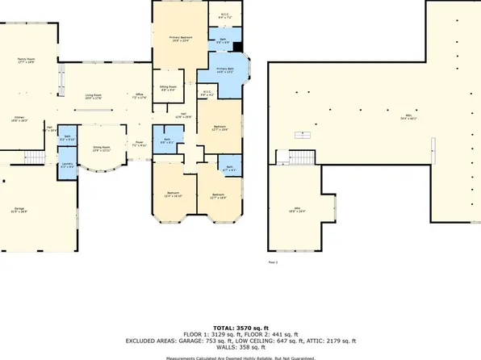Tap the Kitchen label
pyautogui.click(x=19, y=118)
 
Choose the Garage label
pyautogui.click(x=19, y=210)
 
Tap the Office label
pyautogui.click(x=139, y=96)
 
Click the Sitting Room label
pyautogui.click(x=168, y=87)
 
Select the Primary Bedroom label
pyautogui.click(x=178, y=39)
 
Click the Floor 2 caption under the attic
pyautogui.click(x=272, y=262)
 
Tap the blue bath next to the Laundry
pyautogui.click(x=68, y=139)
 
